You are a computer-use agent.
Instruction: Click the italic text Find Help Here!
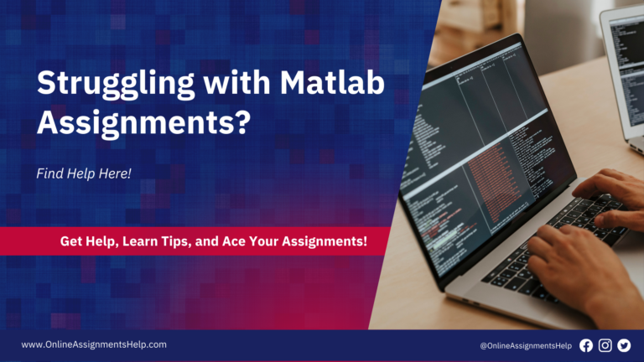pyautogui.click(x=84, y=173)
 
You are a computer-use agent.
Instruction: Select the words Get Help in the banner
pyautogui.click(x=89, y=241)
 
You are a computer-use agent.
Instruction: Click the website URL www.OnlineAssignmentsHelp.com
pyautogui.click(x=94, y=344)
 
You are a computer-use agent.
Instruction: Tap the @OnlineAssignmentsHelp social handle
pyautogui.click(x=527, y=345)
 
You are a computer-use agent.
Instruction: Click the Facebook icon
pyautogui.click(x=586, y=345)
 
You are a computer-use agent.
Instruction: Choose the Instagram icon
pyautogui.click(x=605, y=345)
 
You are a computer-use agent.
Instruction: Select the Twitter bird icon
pyautogui.click(x=623, y=345)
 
